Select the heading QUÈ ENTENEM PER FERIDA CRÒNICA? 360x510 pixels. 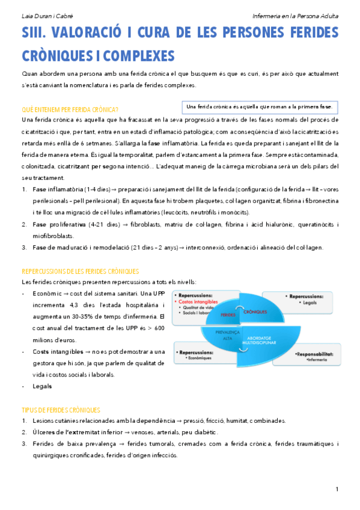coord(69,109)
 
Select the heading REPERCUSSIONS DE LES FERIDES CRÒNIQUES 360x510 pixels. coord(80,272)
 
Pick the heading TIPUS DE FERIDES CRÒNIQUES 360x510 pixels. coord(61,410)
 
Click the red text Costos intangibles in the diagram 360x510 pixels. coord(200,302)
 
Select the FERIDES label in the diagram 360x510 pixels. coord(228,315)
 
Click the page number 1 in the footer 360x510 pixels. coord(337,488)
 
